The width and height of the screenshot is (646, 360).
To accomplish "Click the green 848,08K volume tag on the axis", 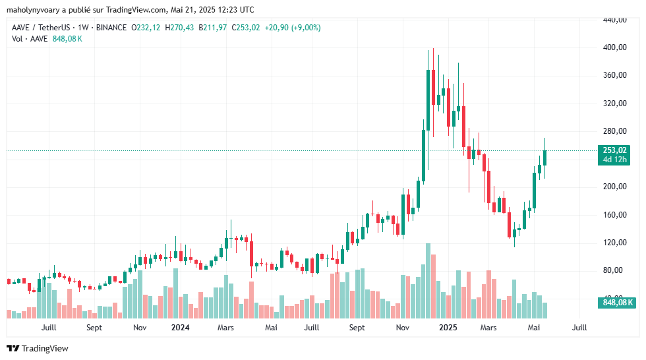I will pos(614,303).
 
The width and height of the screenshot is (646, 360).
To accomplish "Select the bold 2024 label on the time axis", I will pos(180,327).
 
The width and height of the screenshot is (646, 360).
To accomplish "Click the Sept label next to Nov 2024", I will pos(357,327).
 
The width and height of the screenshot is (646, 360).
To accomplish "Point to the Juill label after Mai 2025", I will pos(579,327).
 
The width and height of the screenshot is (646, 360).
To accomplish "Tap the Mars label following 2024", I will pos(225,327).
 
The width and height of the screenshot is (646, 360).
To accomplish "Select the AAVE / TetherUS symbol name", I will pos(40,28).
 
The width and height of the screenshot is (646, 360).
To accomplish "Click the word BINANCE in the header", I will pos(111,28).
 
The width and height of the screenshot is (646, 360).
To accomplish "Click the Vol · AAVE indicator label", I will pos(30,39).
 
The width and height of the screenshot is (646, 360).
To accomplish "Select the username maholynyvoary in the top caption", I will pos(38,10).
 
